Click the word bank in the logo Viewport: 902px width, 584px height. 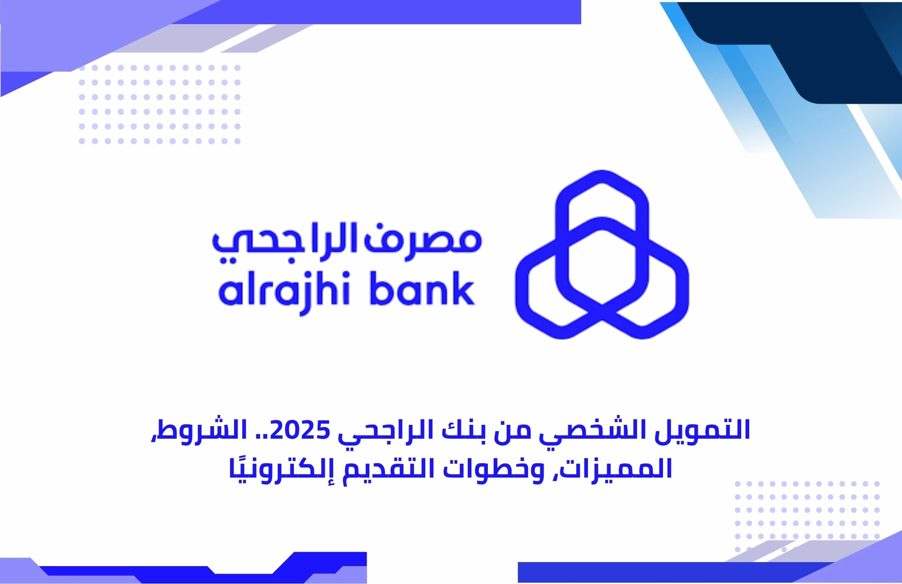[x=422, y=291]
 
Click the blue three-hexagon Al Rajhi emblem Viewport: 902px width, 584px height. [x=602, y=255]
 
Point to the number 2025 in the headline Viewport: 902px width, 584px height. [x=300, y=430]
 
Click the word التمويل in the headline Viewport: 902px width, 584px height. [x=702, y=430]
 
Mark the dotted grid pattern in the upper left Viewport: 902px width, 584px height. [x=159, y=105]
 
